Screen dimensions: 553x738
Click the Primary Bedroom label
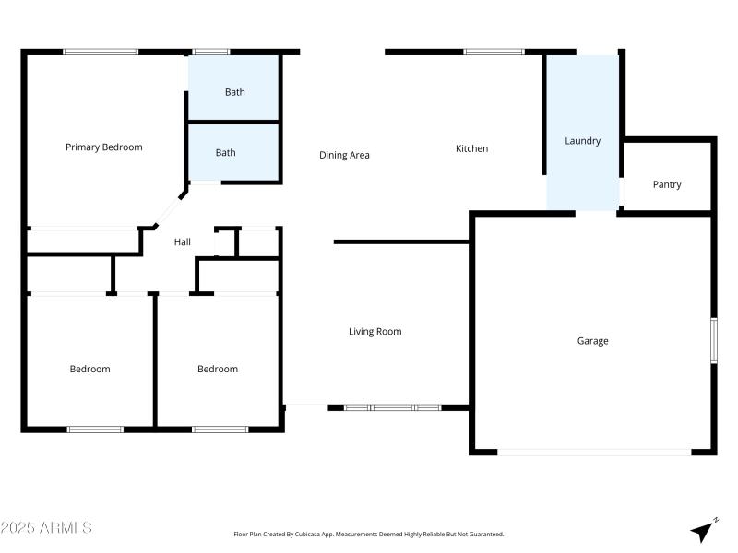[104, 147]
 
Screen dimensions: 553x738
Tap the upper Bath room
[234, 92]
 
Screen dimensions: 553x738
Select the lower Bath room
[226, 153]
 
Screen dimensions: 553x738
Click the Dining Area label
[344, 155]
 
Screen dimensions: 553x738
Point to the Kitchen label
[472, 148]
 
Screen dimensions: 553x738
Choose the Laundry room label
[582, 141]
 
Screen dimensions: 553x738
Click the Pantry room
[667, 184]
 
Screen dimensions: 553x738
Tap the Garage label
[592, 341]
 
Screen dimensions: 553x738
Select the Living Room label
[375, 332]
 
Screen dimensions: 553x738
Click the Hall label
[183, 242]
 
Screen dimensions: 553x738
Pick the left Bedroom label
[89, 370]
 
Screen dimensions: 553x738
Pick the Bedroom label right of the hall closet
[218, 370]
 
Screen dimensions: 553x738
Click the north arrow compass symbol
[704, 530]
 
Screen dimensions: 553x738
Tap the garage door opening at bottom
[594, 453]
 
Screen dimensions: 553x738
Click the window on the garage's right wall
[713, 340]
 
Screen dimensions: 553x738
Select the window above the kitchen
[494, 52]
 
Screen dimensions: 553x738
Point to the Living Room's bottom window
[392, 406]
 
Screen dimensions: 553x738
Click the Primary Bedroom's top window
[101, 52]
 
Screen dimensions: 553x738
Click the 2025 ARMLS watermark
[46, 528]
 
